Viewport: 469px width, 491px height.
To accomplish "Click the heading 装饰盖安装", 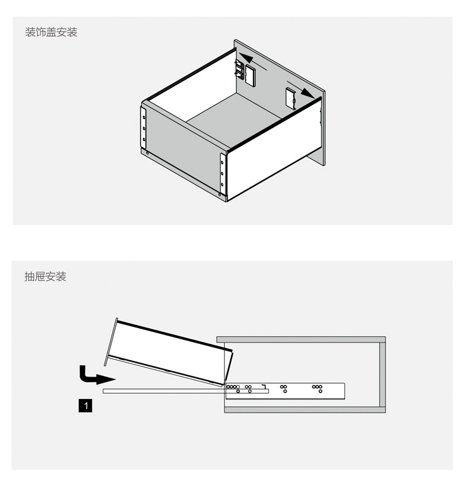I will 51,32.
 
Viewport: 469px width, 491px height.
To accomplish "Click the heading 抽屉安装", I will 45,276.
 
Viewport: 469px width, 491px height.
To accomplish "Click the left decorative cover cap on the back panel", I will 250,74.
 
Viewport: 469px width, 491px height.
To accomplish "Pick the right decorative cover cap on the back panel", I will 291,98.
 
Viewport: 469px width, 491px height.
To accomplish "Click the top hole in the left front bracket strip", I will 143,116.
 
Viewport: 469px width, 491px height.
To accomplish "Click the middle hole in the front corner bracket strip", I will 223,174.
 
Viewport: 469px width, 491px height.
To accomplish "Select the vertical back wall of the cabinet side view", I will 383,374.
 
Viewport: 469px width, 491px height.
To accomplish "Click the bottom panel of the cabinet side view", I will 303,409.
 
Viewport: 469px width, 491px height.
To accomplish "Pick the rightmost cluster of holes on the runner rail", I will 317,388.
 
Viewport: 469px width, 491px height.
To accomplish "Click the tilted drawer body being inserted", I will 169,350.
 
